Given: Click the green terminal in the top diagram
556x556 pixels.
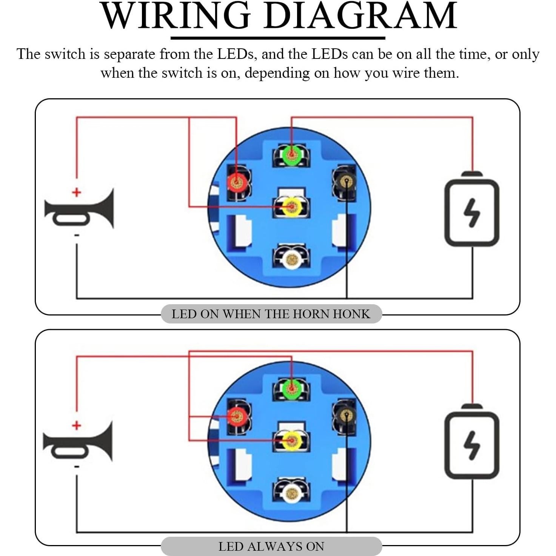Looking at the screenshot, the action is tap(292, 156).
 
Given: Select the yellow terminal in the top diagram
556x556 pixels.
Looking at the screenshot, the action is tap(292, 207).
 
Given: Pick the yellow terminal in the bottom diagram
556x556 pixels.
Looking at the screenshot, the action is tap(292, 440).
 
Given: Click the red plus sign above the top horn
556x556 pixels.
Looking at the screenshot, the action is tap(77, 193).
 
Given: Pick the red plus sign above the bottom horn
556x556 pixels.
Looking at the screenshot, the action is tap(77, 425).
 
